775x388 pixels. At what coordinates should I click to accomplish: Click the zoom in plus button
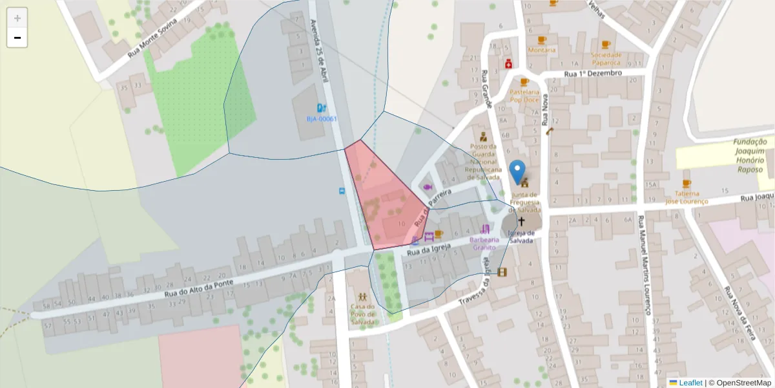17,18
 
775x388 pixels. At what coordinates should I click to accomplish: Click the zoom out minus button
17,38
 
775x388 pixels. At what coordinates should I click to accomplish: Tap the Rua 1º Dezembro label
593,73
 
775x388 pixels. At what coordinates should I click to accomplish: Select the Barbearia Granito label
484,243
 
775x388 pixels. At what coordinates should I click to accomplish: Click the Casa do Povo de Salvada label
362,314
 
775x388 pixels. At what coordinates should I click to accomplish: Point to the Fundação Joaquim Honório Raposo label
749,156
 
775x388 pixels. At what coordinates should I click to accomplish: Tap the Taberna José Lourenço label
687,197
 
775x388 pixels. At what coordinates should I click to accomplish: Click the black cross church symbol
521,222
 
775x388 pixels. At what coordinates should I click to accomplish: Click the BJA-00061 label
322,119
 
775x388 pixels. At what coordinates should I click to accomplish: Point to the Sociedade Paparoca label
606,59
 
